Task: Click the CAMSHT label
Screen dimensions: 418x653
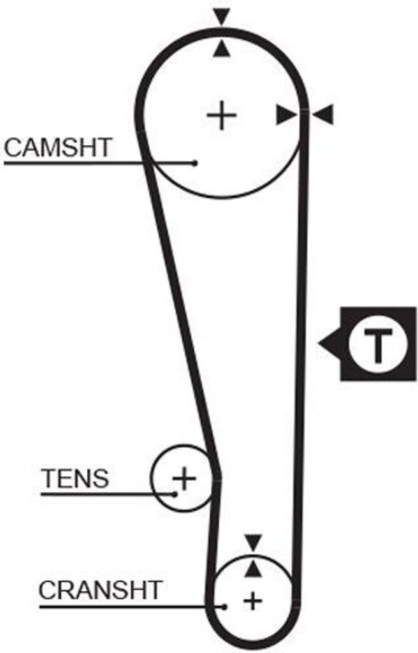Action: click(58, 147)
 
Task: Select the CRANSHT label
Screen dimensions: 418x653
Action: click(100, 590)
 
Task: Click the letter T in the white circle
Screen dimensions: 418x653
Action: click(378, 345)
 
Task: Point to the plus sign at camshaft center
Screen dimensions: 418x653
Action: click(222, 115)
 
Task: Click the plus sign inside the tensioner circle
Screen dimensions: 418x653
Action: click(184, 478)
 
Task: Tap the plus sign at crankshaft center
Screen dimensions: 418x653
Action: click(253, 601)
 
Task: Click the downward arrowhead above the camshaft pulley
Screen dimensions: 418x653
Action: click(222, 17)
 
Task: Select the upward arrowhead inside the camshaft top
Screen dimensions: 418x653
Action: click(222, 48)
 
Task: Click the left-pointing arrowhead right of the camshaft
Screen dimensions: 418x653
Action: click(323, 115)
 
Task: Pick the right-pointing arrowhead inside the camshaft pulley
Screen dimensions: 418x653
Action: click(287, 115)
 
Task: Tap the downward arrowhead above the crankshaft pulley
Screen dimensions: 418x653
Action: click(253, 543)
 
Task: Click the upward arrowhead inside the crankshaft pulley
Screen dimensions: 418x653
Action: click(253, 569)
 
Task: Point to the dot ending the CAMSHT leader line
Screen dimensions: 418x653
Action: click(194, 163)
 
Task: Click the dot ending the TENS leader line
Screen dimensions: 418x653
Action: click(175, 494)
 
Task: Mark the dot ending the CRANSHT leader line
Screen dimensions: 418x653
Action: click(224, 607)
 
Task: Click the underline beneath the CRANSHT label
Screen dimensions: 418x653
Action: click(132, 607)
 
